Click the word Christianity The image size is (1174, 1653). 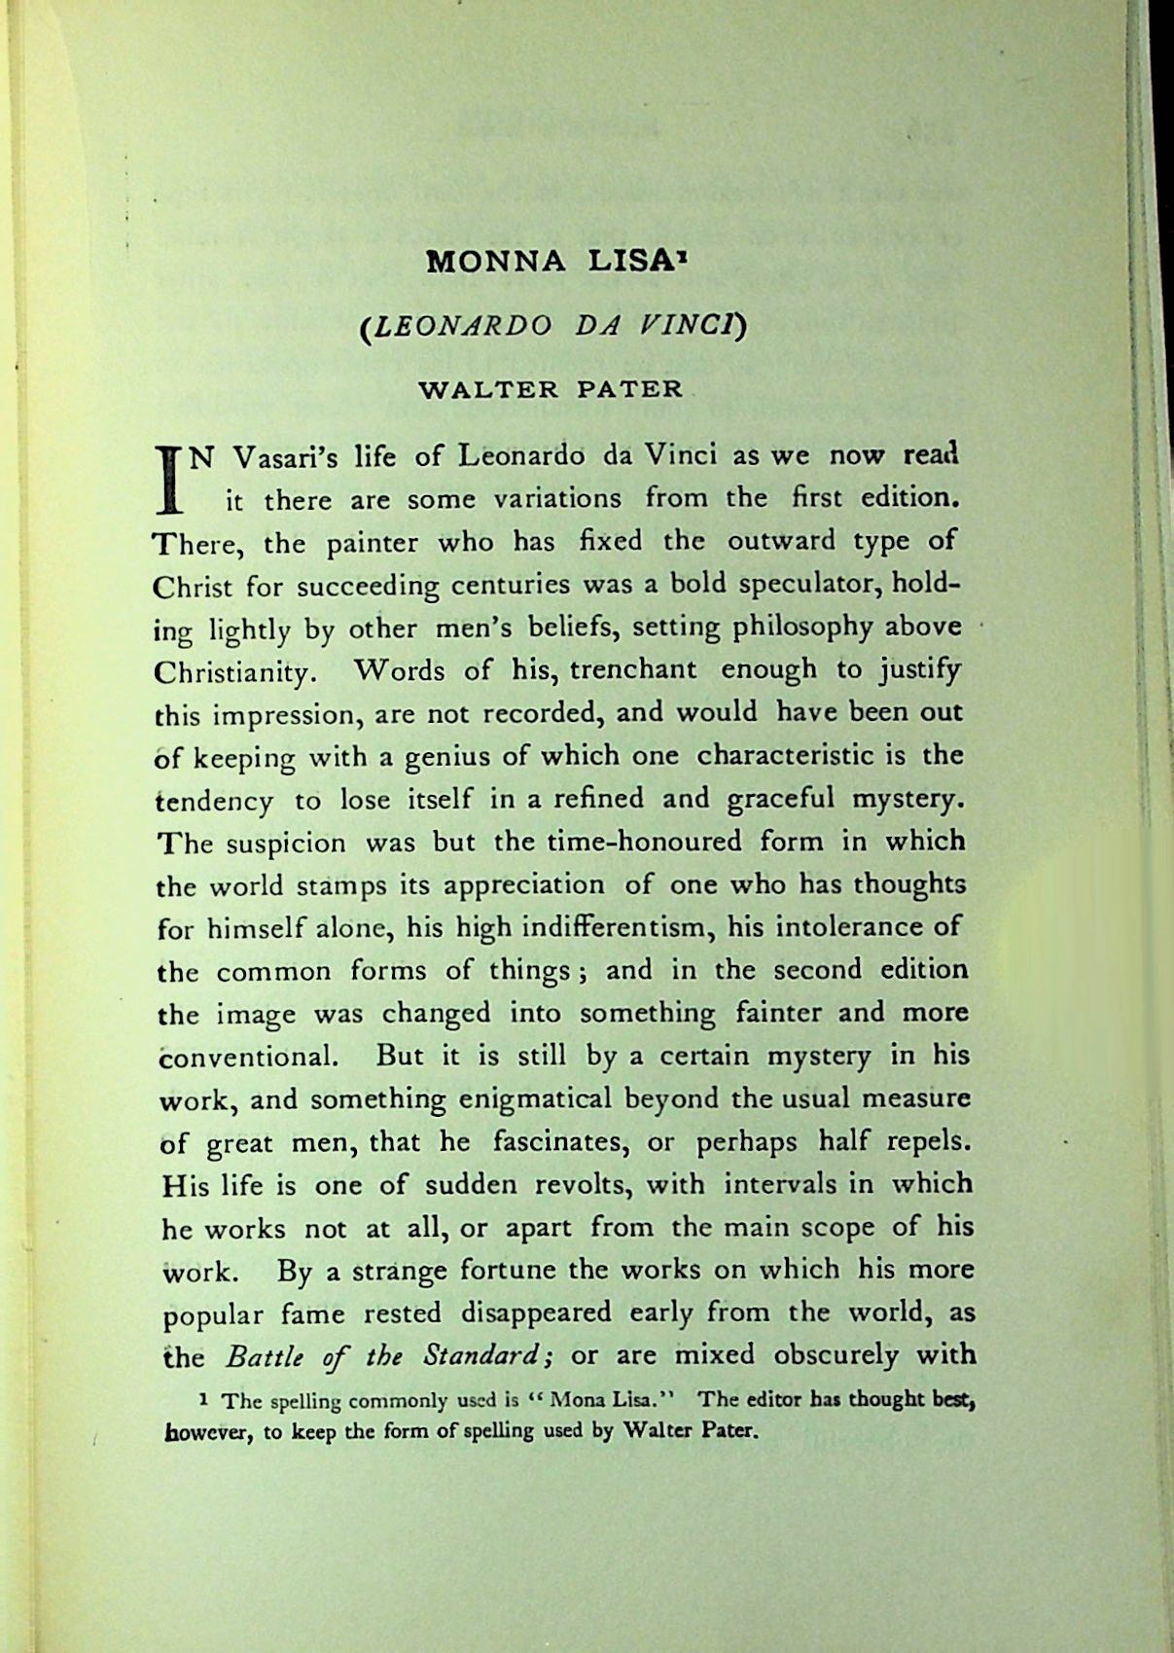232,672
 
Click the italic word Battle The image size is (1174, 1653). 261,1356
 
